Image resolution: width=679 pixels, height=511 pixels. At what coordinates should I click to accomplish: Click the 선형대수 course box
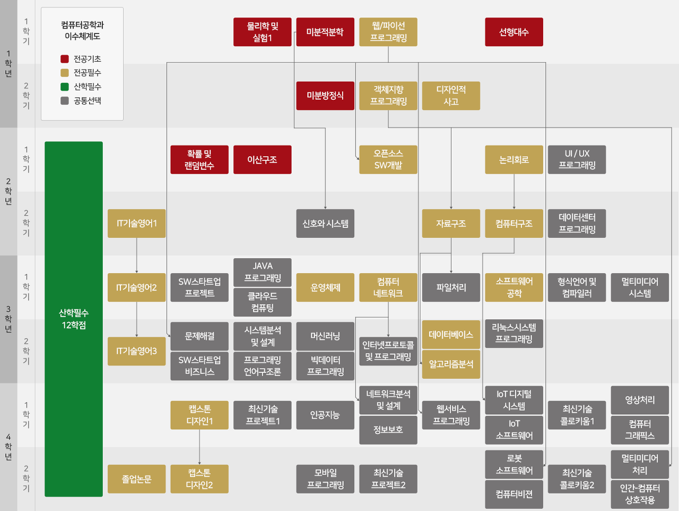point(513,32)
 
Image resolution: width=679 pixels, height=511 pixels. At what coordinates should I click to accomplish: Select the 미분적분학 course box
point(325,32)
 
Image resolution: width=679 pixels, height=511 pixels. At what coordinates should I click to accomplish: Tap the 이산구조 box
point(262,159)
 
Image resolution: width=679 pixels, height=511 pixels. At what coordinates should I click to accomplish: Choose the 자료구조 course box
point(451,224)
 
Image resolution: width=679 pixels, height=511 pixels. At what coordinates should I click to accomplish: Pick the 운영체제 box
point(325,287)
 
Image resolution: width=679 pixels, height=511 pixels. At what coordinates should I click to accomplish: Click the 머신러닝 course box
point(325,336)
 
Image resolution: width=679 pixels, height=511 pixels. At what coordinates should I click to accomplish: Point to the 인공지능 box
point(325,415)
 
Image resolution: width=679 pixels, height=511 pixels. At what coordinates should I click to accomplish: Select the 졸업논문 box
point(136,479)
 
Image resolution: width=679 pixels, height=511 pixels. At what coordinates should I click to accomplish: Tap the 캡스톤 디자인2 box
point(199,479)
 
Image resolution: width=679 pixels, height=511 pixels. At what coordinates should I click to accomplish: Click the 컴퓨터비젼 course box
point(513,494)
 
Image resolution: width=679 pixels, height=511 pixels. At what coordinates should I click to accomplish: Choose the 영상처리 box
point(640,400)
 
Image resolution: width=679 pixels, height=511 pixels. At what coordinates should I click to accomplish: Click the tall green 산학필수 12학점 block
point(74,319)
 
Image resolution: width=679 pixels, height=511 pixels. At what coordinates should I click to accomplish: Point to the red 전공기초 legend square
point(65,59)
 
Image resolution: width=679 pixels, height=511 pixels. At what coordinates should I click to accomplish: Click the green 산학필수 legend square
point(65,87)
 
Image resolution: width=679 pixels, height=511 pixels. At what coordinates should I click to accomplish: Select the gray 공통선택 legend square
point(65,100)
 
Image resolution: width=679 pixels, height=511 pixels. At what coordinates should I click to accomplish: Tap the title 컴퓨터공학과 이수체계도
point(82,30)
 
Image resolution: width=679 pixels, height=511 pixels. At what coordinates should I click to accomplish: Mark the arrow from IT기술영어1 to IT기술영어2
point(137,255)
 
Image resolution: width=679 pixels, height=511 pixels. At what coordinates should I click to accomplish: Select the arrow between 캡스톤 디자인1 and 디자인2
point(199,447)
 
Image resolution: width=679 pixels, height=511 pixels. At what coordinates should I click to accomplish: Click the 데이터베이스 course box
point(451,335)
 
